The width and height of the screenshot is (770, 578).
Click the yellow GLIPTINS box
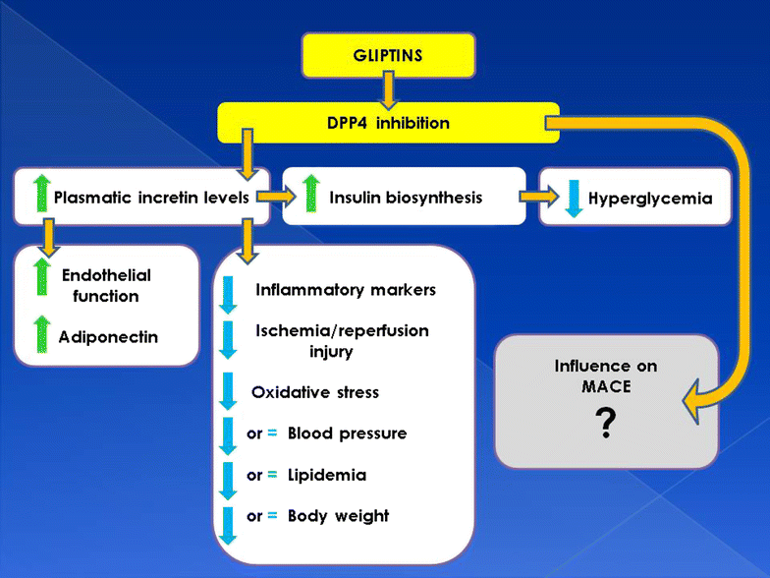click(388, 55)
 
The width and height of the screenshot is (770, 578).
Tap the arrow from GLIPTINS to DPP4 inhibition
click(388, 91)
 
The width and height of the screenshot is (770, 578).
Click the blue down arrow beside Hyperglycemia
click(573, 198)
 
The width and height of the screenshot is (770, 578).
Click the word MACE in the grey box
click(606, 386)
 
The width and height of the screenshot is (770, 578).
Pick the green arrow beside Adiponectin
click(40, 336)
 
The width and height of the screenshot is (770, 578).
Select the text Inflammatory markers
click(345, 290)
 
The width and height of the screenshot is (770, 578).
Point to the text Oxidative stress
click(314, 392)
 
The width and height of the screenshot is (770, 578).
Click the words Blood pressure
click(347, 433)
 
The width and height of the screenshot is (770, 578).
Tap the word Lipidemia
click(326, 475)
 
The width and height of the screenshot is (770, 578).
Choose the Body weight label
click(338, 516)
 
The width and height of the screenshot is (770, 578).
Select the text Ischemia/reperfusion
click(342, 330)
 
